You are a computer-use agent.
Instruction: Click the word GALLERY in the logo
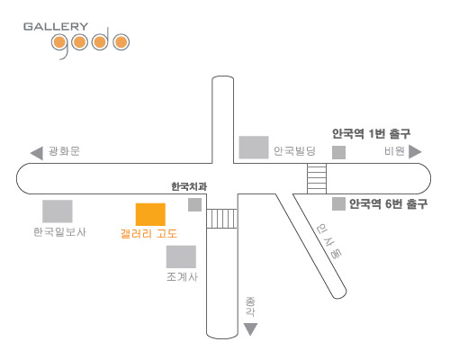click(56, 26)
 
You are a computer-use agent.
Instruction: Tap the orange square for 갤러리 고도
click(150, 214)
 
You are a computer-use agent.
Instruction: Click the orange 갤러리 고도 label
click(148, 233)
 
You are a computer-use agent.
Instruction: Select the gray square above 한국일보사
click(58, 211)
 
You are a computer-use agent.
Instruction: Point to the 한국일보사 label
click(59, 232)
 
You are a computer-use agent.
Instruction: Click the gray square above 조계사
click(181, 256)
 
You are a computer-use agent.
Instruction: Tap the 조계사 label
click(182, 276)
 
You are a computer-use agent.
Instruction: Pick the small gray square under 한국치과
click(194, 204)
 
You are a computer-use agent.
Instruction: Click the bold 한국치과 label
click(189, 186)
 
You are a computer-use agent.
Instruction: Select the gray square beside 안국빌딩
click(254, 148)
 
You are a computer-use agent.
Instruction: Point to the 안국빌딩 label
click(294, 150)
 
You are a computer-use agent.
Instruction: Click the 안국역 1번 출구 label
click(371, 133)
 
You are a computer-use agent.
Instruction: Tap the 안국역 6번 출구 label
click(388, 204)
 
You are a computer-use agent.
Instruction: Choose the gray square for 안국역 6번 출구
click(338, 204)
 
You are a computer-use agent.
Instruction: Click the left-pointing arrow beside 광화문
click(37, 154)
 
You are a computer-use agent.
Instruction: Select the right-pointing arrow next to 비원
click(415, 151)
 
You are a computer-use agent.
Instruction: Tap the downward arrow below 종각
click(250, 329)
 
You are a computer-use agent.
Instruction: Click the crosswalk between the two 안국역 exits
click(317, 179)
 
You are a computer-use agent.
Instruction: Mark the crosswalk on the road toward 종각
click(222, 219)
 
